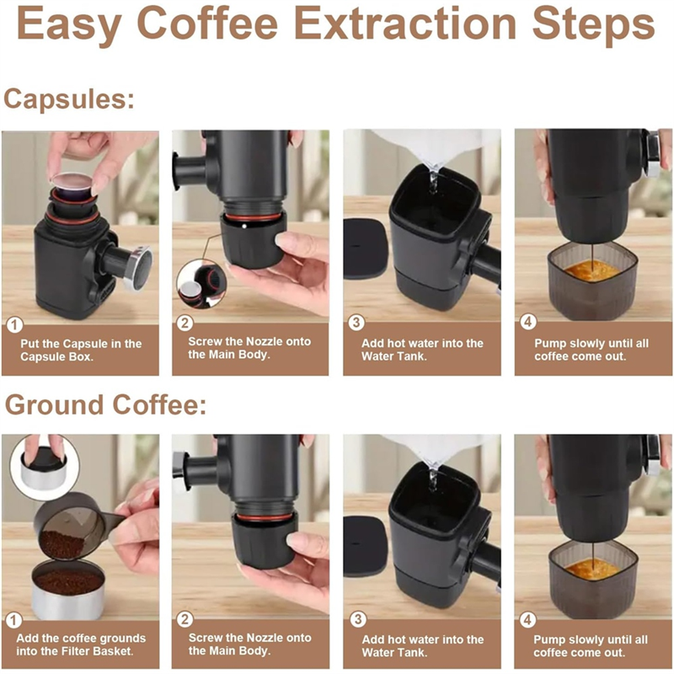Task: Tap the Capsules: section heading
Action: pos(69,99)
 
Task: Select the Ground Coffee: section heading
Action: pos(105,405)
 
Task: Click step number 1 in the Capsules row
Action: pos(14,325)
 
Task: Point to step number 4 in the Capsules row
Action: pos(528,323)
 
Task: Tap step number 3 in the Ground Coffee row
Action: pos(357,620)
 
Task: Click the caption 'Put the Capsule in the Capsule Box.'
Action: pos(81,350)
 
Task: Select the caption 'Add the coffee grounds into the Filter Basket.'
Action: pos(81,645)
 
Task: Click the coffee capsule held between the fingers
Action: pos(72,183)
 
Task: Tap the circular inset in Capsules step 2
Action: pos(201,284)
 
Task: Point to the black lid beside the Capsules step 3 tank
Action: pos(366,249)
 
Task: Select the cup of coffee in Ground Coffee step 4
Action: pos(592,580)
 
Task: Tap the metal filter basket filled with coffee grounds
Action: pos(68,590)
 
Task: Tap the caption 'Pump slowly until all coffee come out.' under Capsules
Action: pos(591,350)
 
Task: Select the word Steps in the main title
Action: pos(594,25)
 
